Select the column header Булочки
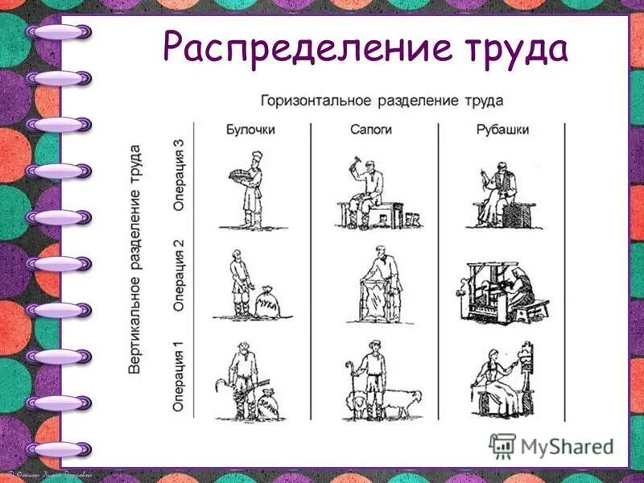tap(250, 130)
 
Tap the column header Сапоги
tap(371, 130)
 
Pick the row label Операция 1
tap(179, 378)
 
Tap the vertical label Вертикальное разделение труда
tap(135, 258)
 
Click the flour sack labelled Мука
tap(266, 305)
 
